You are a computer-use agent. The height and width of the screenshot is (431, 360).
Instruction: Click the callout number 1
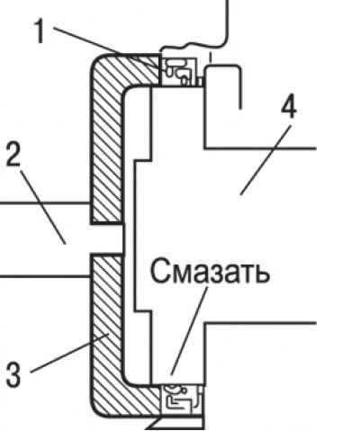(x=40, y=31)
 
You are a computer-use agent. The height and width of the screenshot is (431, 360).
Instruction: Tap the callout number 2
(x=13, y=154)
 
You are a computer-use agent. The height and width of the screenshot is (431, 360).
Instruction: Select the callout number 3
(x=13, y=374)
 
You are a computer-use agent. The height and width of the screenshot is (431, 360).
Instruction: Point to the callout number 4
(x=289, y=107)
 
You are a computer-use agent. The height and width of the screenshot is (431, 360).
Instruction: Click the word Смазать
(x=210, y=270)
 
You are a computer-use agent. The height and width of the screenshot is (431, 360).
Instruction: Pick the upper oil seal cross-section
(x=179, y=71)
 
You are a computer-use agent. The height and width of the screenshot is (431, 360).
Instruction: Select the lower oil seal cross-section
(x=182, y=400)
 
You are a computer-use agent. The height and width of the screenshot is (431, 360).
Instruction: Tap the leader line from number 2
(x=43, y=207)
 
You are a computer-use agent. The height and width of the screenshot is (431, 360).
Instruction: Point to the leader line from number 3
(x=69, y=354)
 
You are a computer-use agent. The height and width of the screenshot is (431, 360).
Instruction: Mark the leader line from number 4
(x=265, y=159)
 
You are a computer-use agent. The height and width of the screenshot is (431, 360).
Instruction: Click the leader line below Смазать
(x=189, y=330)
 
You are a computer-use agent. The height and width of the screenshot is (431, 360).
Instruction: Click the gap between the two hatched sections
(x=107, y=239)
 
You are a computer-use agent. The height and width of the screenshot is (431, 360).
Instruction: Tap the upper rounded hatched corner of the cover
(x=106, y=70)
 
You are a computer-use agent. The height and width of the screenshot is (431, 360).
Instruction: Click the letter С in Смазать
(x=159, y=270)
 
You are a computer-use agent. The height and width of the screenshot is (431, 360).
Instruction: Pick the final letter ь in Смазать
(x=261, y=274)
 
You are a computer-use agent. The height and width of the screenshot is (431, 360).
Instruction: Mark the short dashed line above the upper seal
(x=211, y=57)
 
